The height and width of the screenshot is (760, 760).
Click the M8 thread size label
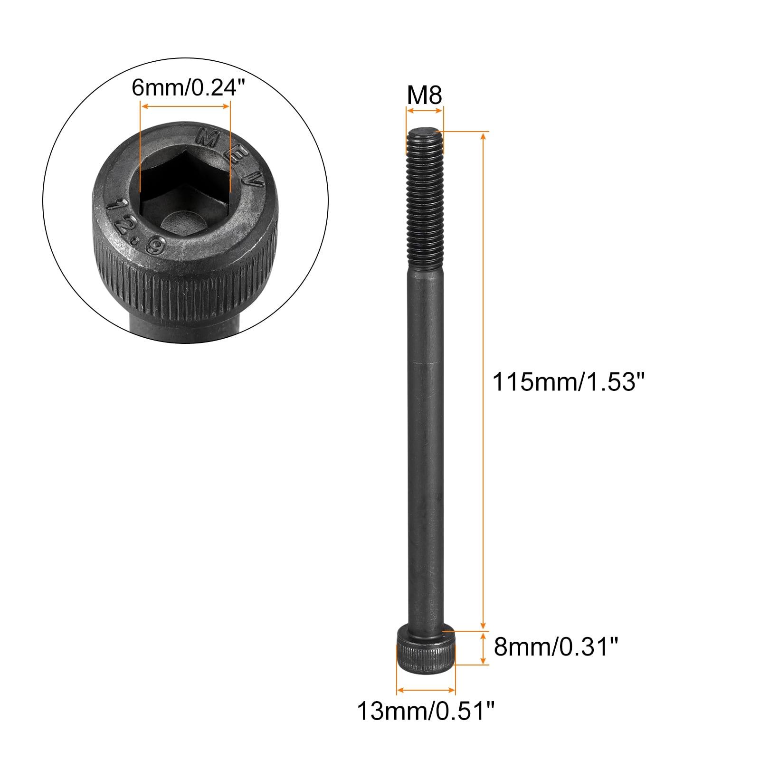click(425, 95)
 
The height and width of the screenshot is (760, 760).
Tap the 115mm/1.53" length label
click(570, 381)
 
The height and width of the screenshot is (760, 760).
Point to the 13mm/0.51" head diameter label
click(426, 711)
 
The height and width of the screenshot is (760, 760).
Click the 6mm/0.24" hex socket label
click(184, 87)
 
